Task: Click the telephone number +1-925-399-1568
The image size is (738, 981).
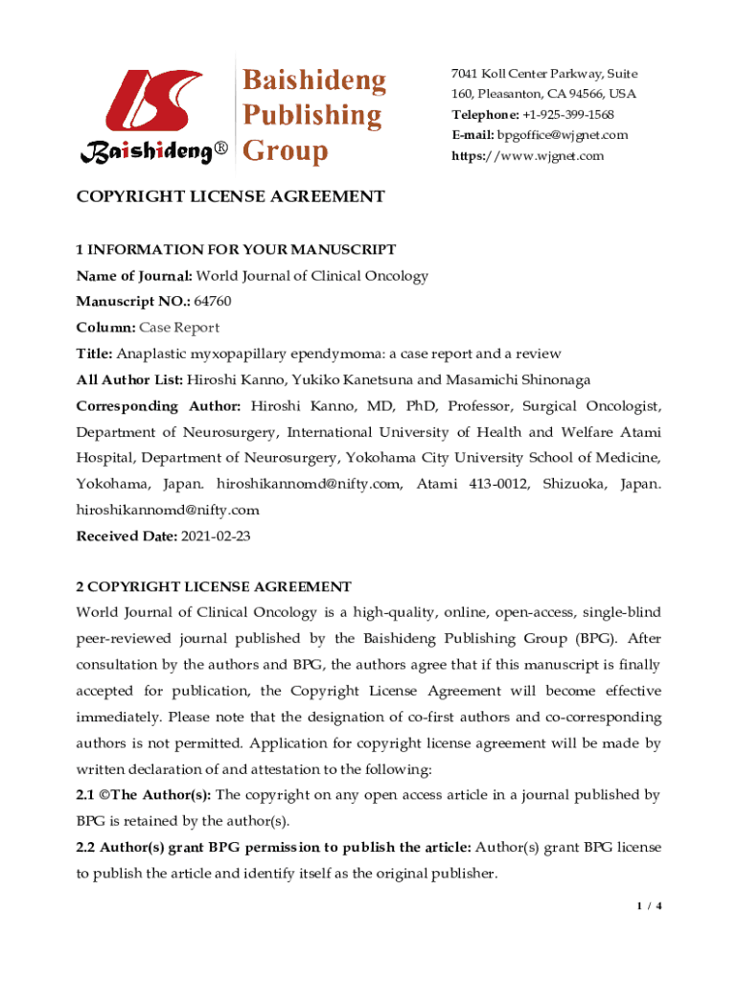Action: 560,115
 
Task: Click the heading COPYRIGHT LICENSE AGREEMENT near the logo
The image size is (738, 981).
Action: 230,197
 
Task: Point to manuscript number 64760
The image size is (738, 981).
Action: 213,302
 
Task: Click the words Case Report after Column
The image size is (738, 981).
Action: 183,328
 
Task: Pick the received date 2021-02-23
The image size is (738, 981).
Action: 216,536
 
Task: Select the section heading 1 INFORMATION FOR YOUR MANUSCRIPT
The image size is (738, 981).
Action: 236,250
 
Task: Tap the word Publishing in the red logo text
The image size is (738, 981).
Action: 311,116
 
